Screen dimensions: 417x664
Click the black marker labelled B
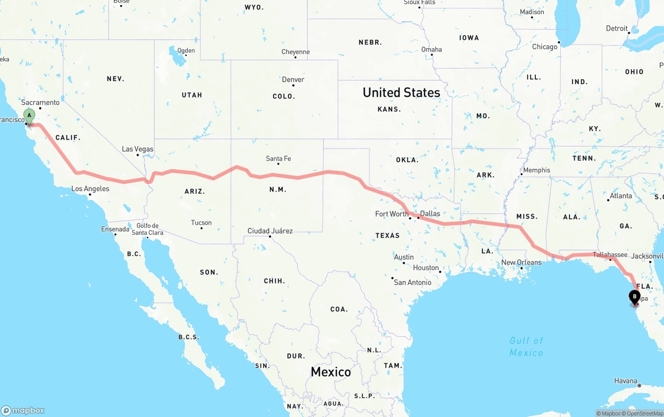(634, 297)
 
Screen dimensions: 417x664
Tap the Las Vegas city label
(137, 149)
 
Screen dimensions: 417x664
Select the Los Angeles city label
(90, 189)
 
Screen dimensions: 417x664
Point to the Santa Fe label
(278, 158)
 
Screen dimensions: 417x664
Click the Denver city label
(293, 79)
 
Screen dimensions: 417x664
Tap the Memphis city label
(536, 170)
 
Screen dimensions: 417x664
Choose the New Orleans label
(521, 262)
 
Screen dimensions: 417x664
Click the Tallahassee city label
(610, 254)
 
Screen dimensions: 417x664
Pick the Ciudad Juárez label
(270, 231)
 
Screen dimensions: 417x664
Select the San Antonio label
(412, 282)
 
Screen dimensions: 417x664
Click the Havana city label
(626, 381)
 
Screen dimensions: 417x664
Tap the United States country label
(402, 92)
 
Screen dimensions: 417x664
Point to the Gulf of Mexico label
(526, 346)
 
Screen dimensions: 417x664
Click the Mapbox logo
(23, 410)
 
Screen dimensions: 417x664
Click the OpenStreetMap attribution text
(644, 413)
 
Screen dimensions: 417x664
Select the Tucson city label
(201, 223)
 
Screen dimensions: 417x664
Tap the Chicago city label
(545, 47)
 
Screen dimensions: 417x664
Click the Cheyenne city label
(296, 52)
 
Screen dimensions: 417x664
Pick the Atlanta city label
(621, 196)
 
